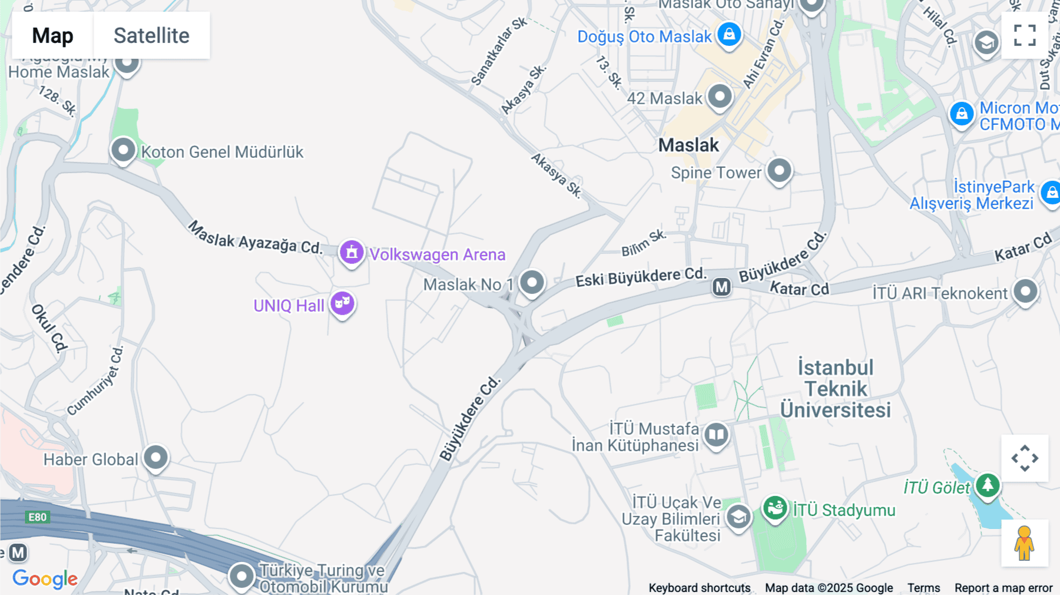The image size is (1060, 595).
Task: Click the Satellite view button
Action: point(151,35)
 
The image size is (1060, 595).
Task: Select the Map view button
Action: point(52,35)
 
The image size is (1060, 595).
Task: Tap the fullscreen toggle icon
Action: point(1025,35)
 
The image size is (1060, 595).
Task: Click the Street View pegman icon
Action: point(1025,543)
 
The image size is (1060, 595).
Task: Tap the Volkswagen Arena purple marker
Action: point(352,253)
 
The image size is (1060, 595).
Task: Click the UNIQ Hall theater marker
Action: point(342,304)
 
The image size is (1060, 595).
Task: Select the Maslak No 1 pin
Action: point(532,283)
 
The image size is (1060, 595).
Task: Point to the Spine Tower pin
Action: point(779,171)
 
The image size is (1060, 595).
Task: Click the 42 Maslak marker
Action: point(720,97)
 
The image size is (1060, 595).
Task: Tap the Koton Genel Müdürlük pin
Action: point(123,150)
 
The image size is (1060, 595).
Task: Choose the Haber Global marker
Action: point(156,458)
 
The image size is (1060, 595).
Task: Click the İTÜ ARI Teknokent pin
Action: point(1025,291)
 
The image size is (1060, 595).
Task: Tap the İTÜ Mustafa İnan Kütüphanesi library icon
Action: point(716,436)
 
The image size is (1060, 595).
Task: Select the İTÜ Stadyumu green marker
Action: point(775,508)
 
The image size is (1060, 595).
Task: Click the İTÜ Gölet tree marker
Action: point(988,485)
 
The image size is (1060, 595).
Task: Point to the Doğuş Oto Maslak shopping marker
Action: point(729,34)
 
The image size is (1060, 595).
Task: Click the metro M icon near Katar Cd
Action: point(721,287)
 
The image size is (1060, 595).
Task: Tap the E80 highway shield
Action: point(37,517)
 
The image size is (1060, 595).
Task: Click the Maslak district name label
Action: point(688,145)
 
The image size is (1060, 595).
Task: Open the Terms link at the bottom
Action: point(923,588)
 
